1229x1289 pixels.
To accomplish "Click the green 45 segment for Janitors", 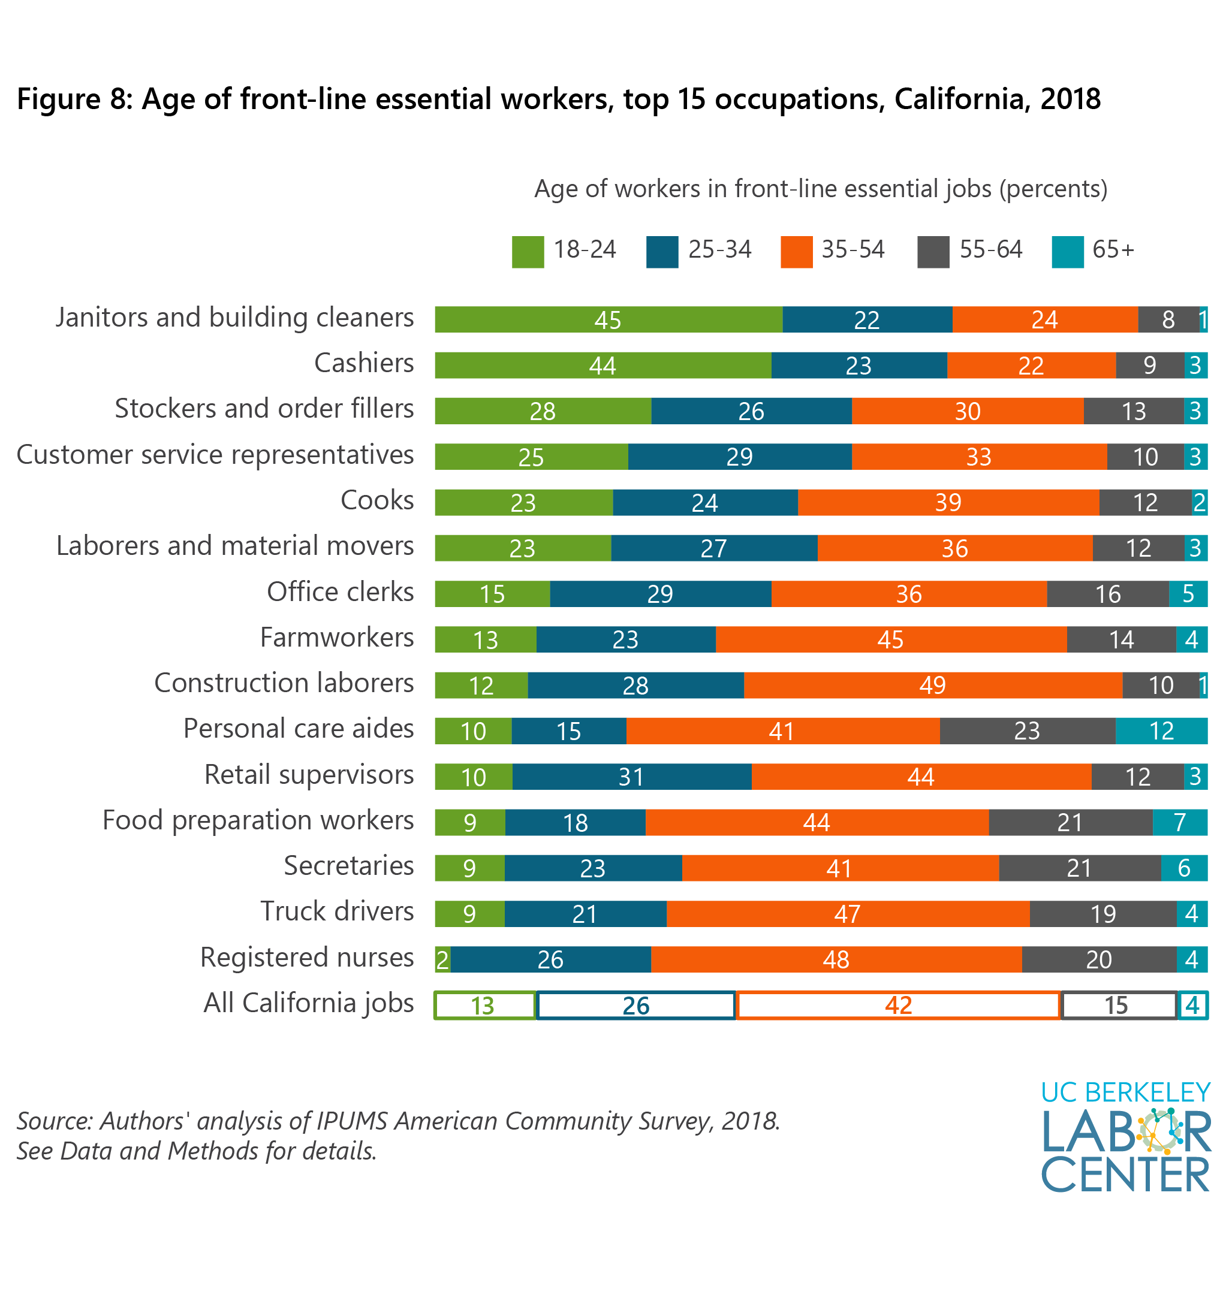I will [x=607, y=319].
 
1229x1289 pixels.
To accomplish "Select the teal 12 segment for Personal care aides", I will [x=1161, y=730].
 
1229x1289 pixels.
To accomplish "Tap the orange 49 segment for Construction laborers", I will [x=932, y=685].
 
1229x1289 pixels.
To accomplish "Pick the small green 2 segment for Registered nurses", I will [x=442, y=959].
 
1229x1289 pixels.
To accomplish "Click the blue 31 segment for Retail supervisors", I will [x=631, y=776].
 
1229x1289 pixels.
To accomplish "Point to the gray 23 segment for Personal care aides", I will [x=1026, y=730].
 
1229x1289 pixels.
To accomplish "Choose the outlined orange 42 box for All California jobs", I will [x=897, y=1006].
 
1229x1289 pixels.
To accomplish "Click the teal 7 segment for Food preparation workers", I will [x=1179, y=822].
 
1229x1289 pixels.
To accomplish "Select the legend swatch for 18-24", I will [x=528, y=252].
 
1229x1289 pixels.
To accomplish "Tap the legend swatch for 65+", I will [x=1067, y=252].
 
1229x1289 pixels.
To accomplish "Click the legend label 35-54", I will [x=853, y=249].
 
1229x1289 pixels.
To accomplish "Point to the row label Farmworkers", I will [x=337, y=637].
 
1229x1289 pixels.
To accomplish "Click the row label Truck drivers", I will [x=337, y=911].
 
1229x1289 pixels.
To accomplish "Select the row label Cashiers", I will [x=363, y=363].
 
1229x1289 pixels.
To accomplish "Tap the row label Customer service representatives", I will [x=215, y=455].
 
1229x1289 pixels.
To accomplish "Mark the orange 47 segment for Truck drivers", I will [x=847, y=914].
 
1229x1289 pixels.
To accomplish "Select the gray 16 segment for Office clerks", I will [x=1107, y=593].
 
